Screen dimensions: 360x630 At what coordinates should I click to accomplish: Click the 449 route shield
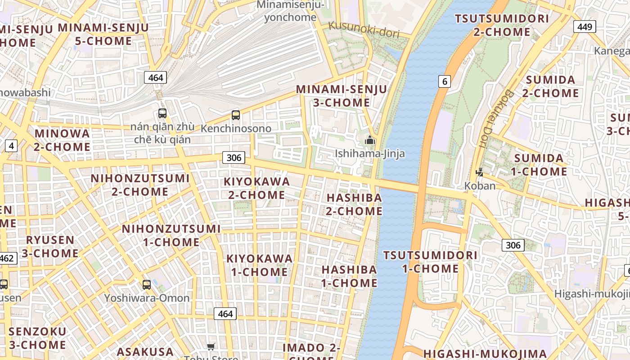584,27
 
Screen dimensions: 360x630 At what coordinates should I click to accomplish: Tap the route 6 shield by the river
444,81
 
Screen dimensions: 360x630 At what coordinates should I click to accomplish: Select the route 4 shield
11,145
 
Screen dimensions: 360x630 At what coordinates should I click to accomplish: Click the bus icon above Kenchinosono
236,115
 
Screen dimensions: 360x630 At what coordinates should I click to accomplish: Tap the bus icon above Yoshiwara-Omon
147,284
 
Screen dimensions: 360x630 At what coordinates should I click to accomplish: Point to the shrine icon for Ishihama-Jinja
370,140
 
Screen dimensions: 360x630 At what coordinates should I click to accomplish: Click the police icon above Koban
480,172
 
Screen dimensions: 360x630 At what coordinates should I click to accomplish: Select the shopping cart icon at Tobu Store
211,346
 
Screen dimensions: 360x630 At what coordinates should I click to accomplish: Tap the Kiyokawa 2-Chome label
257,188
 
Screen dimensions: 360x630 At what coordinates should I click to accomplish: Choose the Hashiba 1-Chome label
349,276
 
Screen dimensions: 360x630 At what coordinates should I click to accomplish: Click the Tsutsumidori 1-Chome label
430,262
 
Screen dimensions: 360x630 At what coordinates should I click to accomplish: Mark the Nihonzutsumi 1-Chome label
171,235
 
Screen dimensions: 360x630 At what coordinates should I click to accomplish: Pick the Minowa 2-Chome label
62,140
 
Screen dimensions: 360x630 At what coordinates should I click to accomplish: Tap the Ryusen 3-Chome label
50,246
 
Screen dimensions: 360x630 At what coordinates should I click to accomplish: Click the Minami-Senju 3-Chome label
342,96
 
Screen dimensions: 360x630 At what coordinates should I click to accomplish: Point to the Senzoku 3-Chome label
37,338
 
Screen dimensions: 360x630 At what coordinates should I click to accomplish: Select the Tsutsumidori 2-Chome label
502,25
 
